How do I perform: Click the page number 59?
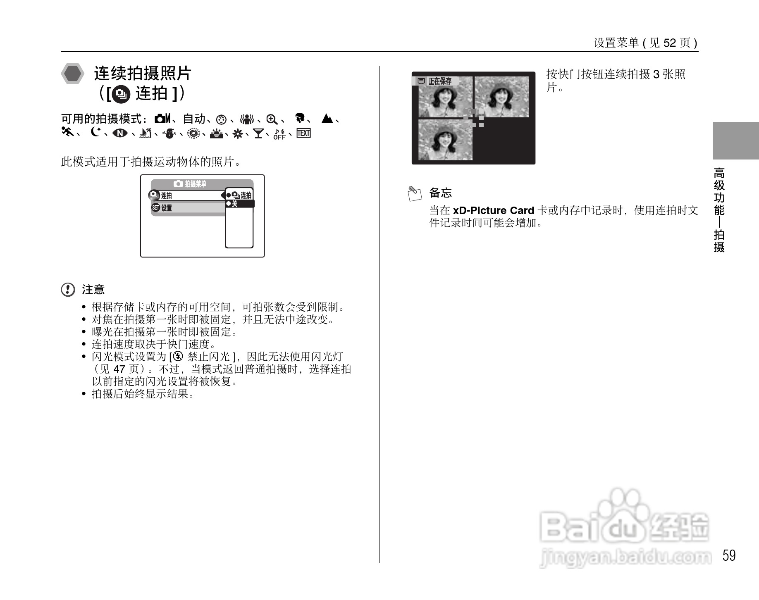click(729, 555)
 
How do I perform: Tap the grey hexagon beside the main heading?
click(73, 74)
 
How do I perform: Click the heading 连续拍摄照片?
click(142, 74)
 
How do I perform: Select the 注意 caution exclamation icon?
click(68, 290)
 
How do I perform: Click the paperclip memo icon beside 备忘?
click(414, 193)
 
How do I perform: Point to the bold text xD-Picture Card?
click(494, 210)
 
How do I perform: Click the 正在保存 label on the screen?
click(439, 81)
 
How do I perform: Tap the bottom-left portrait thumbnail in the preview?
click(445, 140)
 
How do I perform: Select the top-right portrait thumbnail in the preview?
click(501, 98)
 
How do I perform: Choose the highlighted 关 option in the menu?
click(239, 204)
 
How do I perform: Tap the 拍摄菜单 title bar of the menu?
click(202, 183)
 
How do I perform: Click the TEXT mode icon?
click(303, 133)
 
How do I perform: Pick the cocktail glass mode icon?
click(259, 133)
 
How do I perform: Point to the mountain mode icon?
click(327, 119)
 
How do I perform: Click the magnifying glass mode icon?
click(272, 119)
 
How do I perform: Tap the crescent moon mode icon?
click(95, 133)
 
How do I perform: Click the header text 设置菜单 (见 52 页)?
click(645, 43)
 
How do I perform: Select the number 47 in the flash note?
click(119, 369)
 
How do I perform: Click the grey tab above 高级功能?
click(735, 141)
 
